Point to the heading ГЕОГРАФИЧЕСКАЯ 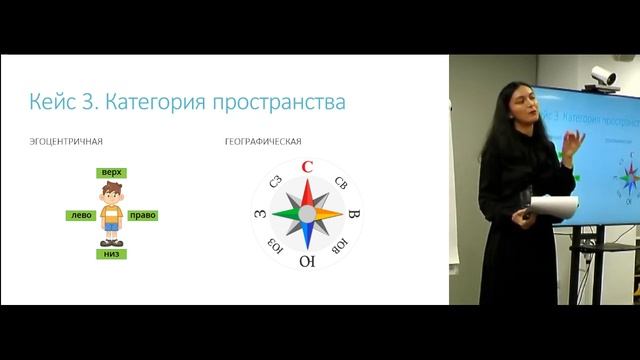[x=263, y=142]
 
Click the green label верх [x=111, y=173]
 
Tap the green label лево [x=80, y=215]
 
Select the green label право [x=143, y=215]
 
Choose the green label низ [x=111, y=254]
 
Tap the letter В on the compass [x=354, y=214]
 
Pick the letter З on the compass [x=260, y=214]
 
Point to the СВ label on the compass [x=340, y=182]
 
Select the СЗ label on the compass [x=275, y=181]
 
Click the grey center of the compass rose [x=307, y=214]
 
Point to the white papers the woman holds [x=553, y=206]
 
